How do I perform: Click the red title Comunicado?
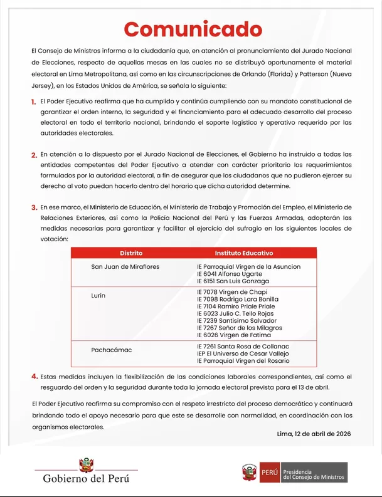click(193, 29)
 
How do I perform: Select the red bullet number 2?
click(33, 155)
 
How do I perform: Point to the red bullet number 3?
click(33, 207)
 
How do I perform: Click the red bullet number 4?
click(34, 377)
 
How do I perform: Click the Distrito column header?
click(131, 253)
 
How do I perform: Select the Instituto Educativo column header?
click(243, 253)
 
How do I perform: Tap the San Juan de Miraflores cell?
click(125, 266)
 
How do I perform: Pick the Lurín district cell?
click(98, 295)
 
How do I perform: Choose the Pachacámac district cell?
click(112, 350)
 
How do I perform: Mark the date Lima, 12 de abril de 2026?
click(314, 434)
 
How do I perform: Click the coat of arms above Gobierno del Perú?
click(86, 465)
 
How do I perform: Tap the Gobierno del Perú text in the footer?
click(86, 479)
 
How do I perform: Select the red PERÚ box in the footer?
click(269, 472)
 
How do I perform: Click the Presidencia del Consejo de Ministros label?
click(314, 473)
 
